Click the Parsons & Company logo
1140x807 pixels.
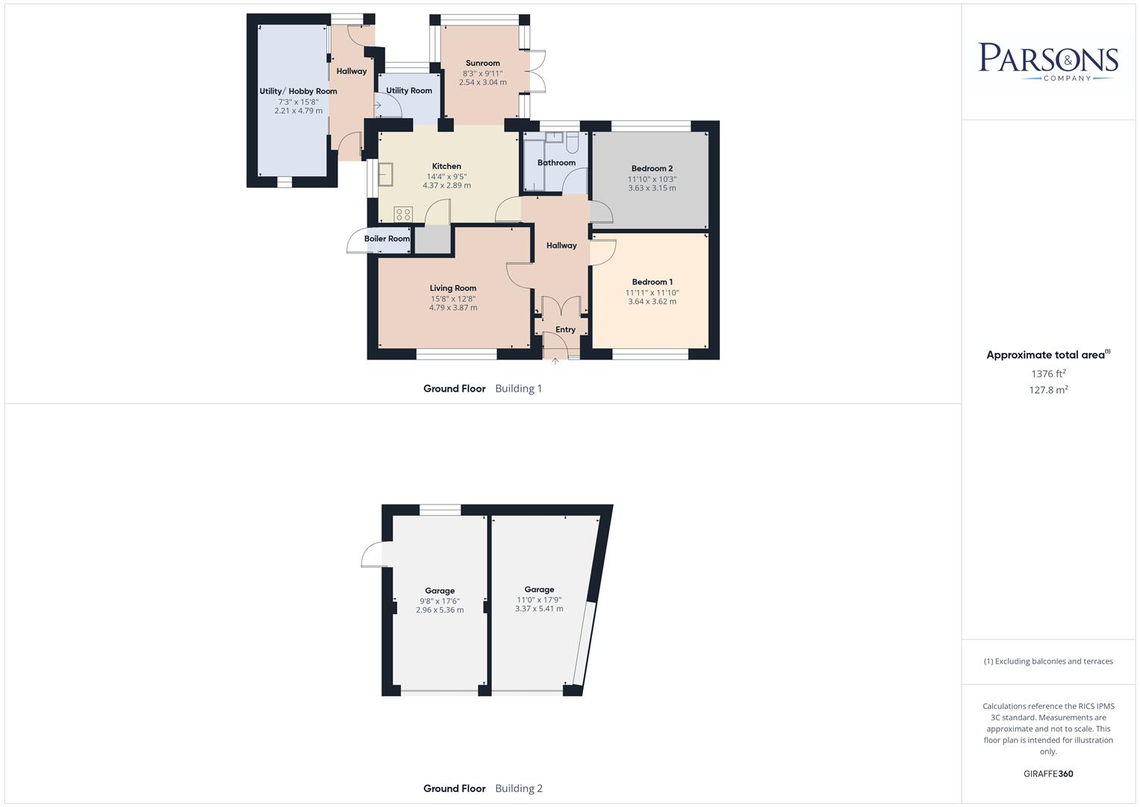pos(1048,61)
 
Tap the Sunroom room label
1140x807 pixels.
pos(482,64)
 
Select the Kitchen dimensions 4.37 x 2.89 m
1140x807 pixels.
pos(446,185)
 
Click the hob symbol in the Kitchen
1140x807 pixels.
pos(403,214)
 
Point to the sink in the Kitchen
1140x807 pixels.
pos(385,173)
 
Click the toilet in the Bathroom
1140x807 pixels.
pos(572,140)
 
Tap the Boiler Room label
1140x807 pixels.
pos(387,239)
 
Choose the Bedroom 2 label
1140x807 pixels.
pos(652,169)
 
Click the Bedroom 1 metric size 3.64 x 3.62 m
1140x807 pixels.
pos(652,302)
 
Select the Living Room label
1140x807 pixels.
pos(452,288)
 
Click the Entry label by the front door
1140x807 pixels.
pos(565,330)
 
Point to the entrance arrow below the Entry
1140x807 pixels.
pos(555,362)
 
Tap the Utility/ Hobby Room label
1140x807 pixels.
pos(298,91)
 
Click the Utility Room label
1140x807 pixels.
pos(409,90)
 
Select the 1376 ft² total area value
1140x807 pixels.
pos(1048,374)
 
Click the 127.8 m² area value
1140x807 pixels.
pos(1048,389)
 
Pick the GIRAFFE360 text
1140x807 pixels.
pos(1048,774)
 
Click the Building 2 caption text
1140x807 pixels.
pos(519,788)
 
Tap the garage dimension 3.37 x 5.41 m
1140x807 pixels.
pos(539,609)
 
